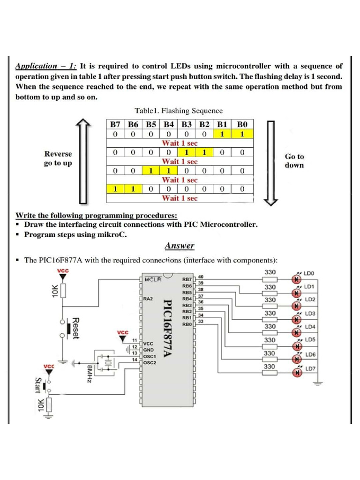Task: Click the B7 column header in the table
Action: (x=115, y=125)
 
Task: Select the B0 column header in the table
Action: (x=241, y=125)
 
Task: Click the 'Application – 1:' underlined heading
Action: (x=46, y=66)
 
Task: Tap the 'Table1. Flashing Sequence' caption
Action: (x=178, y=111)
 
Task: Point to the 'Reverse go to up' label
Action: (x=58, y=158)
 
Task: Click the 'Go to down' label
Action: (x=294, y=161)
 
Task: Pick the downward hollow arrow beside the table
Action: (x=272, y=162)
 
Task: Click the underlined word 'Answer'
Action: (x=179, y=246)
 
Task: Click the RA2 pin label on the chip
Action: (x=148, y=298)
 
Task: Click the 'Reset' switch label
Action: (x=75, y=328)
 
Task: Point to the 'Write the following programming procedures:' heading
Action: (x=97, y=216)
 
